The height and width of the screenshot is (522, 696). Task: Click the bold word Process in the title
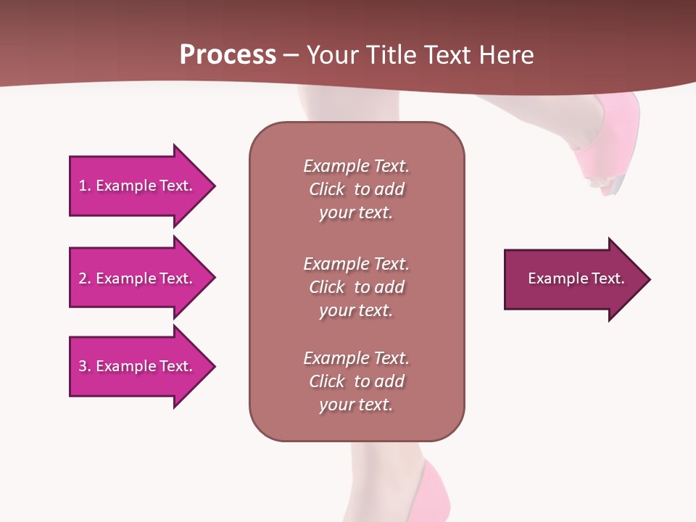228,55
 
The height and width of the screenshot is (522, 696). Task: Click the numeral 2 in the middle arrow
83,278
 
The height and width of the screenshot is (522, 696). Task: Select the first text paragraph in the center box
356,189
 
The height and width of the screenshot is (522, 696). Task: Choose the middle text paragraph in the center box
356,287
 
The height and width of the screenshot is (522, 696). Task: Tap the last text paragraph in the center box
356,381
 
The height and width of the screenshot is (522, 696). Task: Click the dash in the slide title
291,55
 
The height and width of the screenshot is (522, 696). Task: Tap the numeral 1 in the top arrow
83,186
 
